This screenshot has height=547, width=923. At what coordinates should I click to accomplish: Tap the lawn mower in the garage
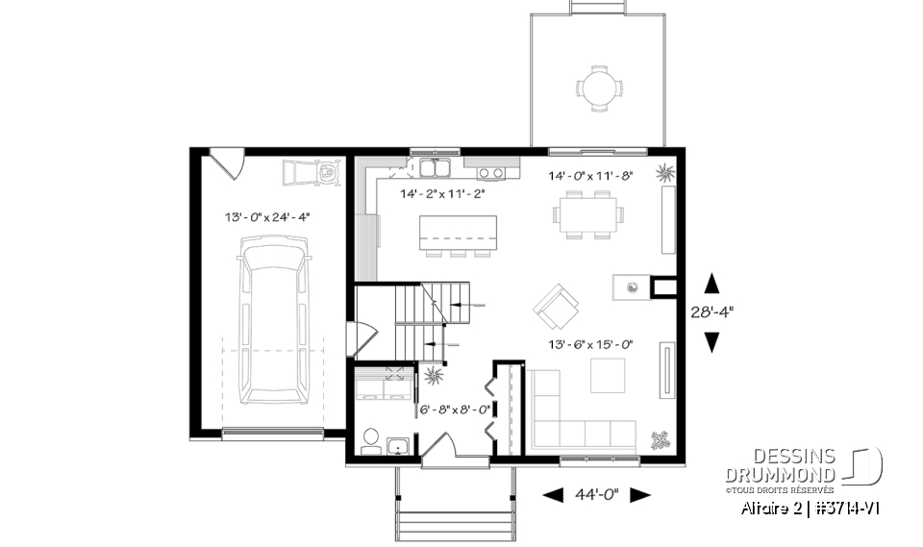click(311, 174)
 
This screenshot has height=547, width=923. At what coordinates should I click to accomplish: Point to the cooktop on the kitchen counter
click(491, 173)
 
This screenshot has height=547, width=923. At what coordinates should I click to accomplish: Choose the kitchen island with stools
click(458, 235)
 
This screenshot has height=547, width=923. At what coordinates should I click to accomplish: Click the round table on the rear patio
click(597, 88)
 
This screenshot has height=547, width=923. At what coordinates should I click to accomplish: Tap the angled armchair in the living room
click(557, 305)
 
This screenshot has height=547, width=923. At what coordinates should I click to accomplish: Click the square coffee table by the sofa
click(607, 375)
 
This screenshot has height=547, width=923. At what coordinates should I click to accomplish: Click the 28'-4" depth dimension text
click(711, 311)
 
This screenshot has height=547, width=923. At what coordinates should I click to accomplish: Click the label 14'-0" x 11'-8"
click(591, 177)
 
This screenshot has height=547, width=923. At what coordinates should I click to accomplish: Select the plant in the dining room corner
click(665, 172)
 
